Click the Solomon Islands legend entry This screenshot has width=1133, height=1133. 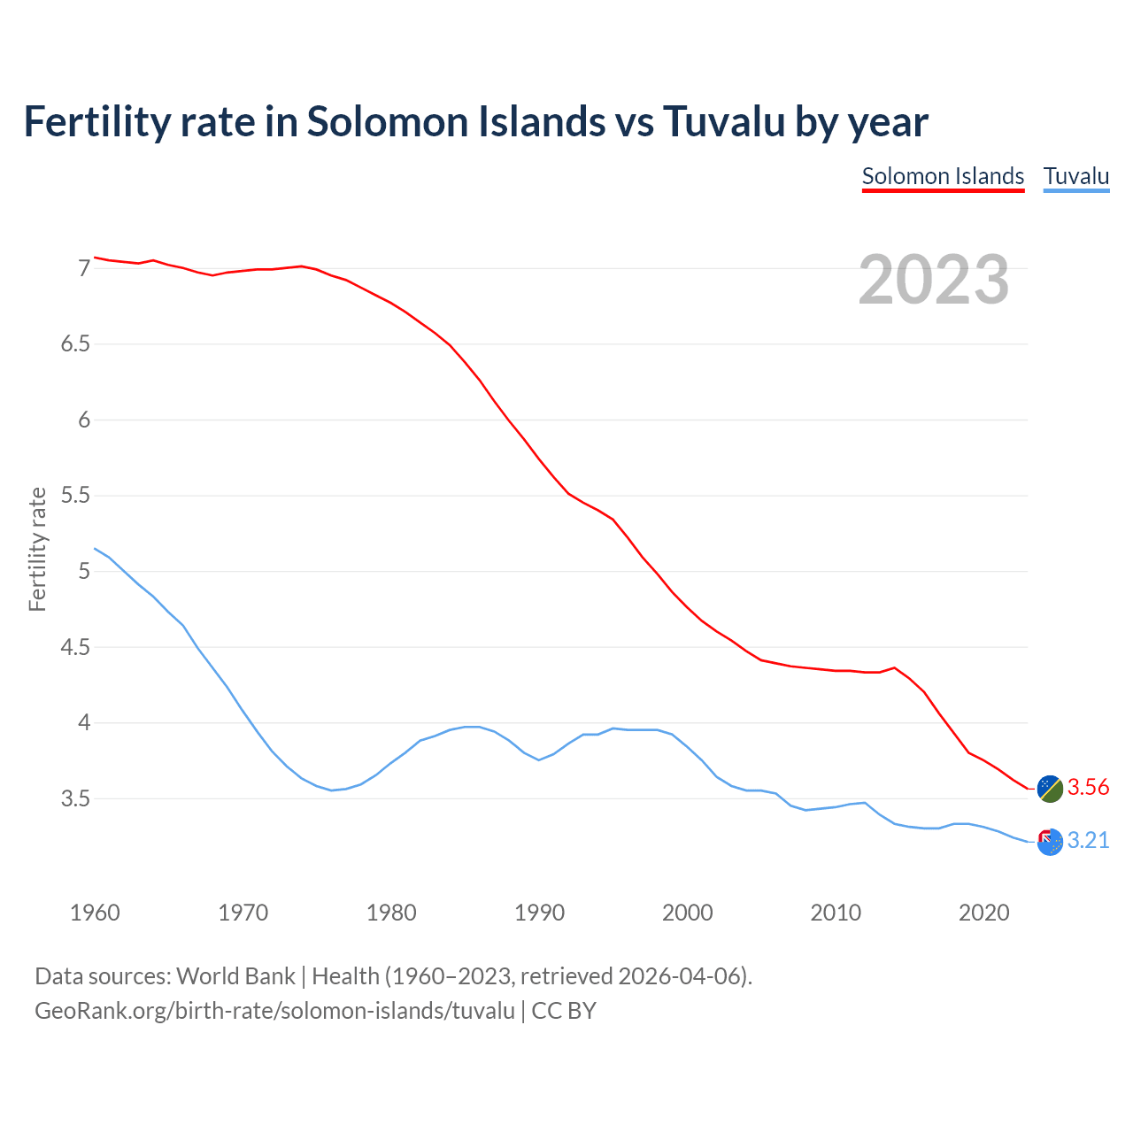943,176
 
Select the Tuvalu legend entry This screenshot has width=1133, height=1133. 1075,176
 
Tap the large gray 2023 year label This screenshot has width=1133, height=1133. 934,280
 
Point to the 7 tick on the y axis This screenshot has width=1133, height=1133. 84,268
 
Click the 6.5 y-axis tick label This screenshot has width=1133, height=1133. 76,344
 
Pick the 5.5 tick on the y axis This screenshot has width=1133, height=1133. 76,496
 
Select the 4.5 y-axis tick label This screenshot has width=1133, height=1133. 76,648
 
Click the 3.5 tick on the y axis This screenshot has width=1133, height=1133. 76,799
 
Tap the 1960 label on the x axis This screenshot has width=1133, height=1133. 95,913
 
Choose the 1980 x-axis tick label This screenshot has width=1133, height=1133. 391,913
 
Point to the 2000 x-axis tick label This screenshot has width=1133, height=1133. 688,913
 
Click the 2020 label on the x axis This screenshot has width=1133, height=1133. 984,913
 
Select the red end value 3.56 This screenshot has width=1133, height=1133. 1088,788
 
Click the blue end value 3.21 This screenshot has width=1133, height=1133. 1088,841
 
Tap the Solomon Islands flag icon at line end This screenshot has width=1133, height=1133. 1050,789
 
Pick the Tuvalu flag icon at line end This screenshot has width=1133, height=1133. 1050,842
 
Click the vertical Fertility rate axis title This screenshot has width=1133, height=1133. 37,549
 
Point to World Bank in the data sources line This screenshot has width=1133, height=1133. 235,976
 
